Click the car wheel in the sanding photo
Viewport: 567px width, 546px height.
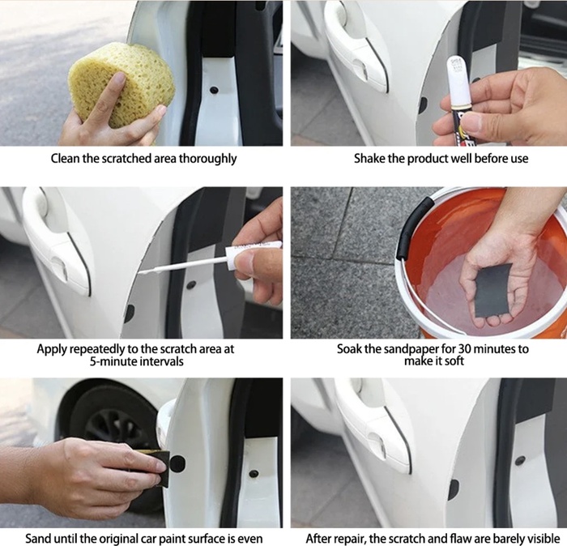[109, 434]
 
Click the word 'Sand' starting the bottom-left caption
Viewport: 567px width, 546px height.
[36, 538]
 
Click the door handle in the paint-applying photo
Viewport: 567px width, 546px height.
[58, 239]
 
